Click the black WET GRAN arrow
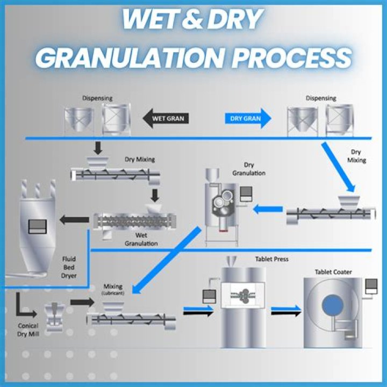165,118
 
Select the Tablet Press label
271,259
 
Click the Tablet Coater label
334,272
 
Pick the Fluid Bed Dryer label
68,267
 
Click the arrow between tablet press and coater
286,311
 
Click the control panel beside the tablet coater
370,287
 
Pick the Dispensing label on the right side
321,98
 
